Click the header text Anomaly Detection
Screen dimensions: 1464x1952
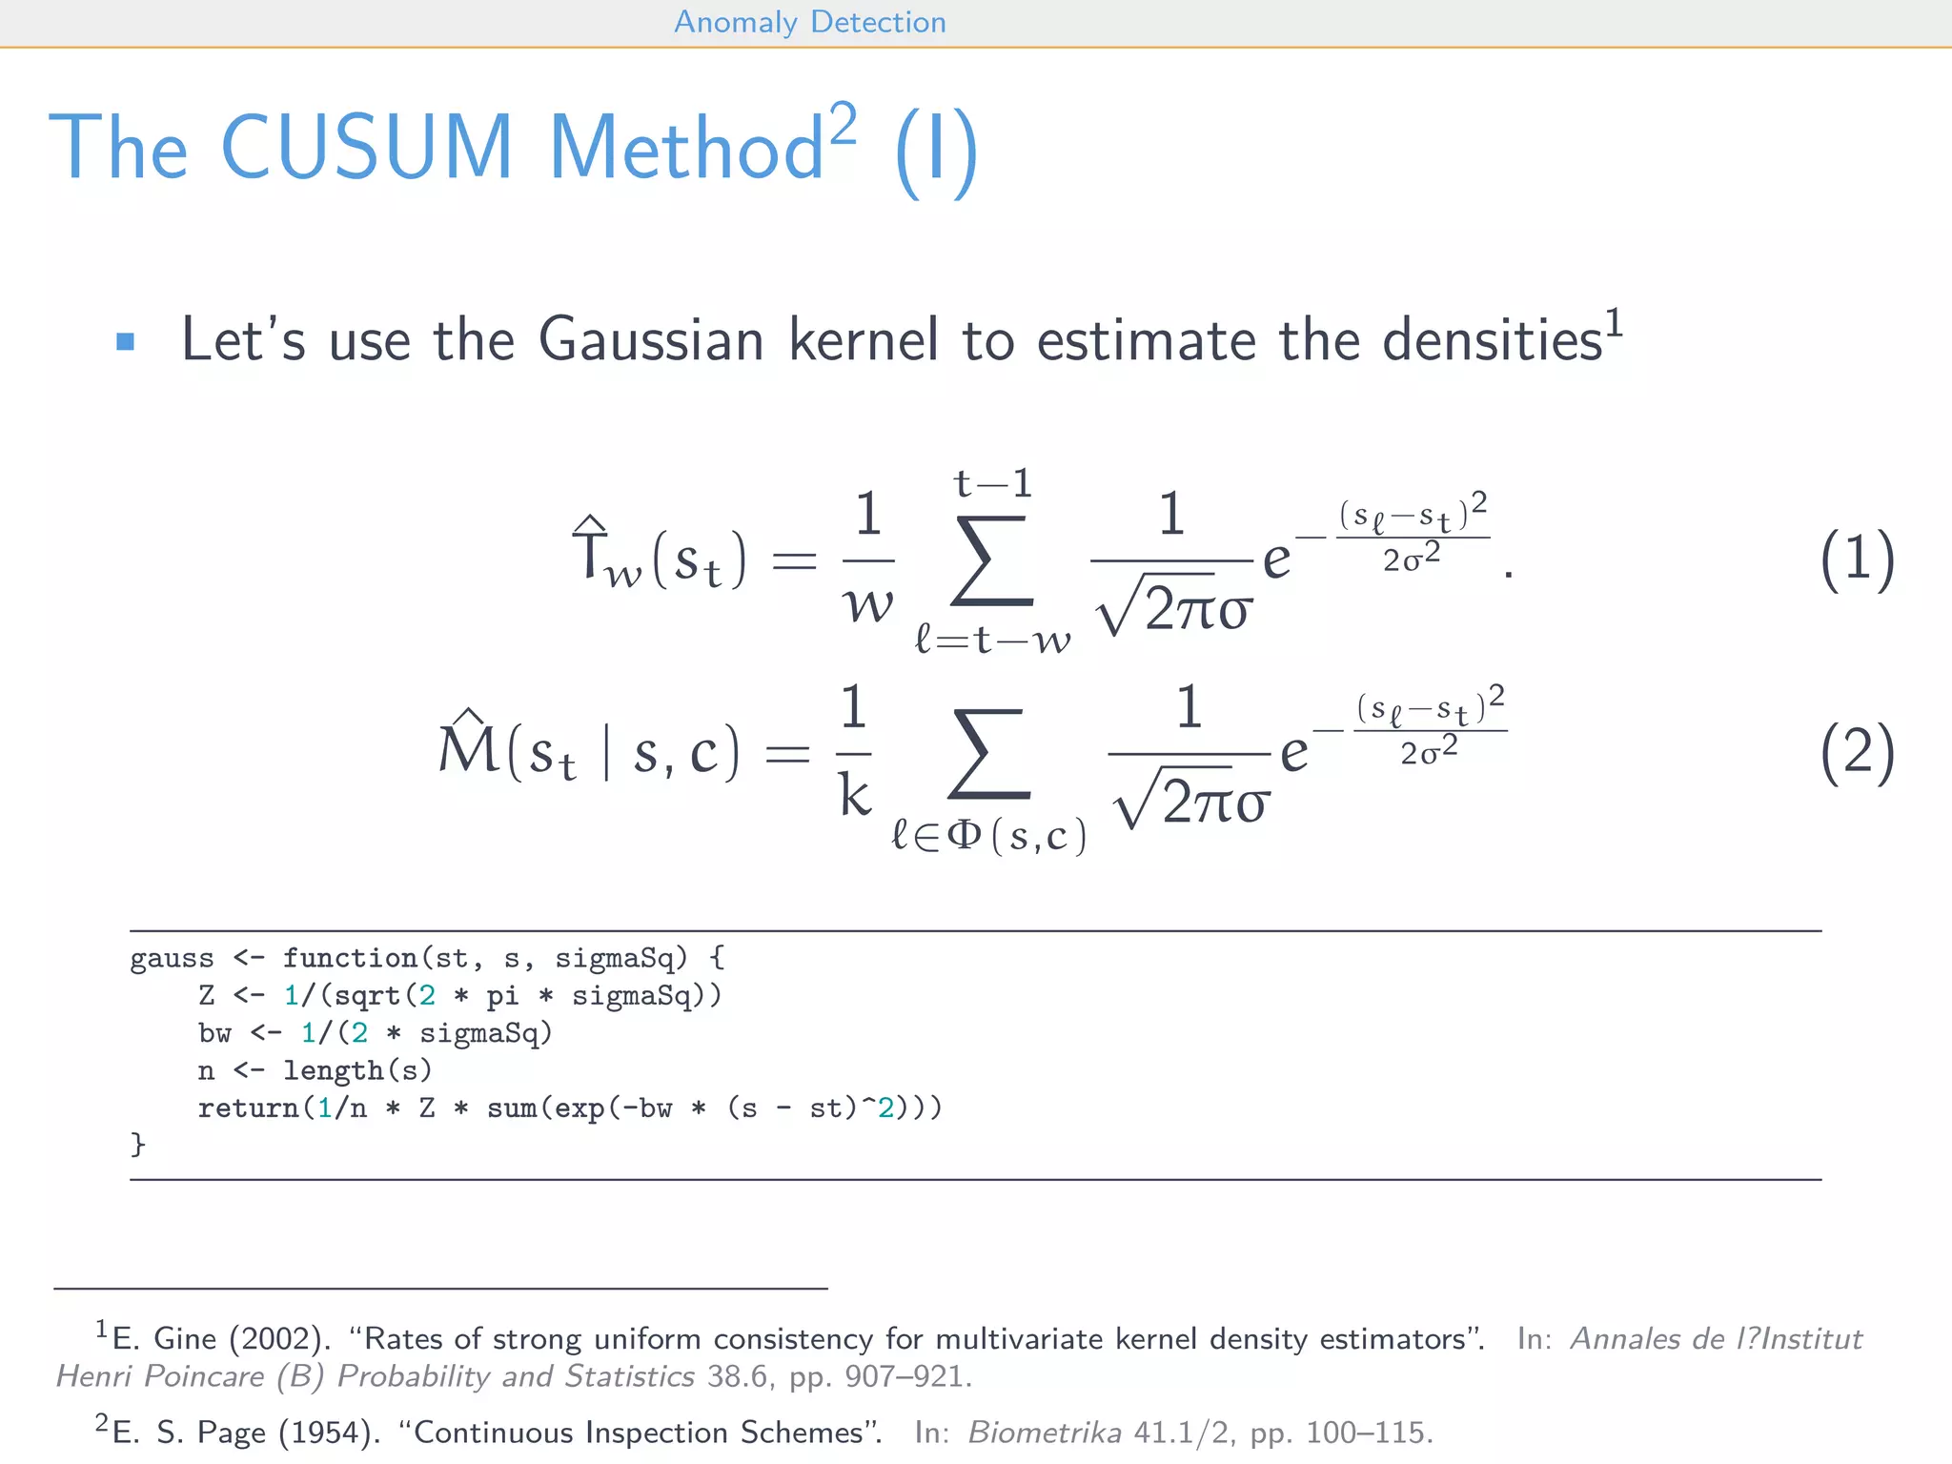[810, 22]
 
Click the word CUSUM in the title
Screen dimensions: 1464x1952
[367, 148]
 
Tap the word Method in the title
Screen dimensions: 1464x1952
[686, 148]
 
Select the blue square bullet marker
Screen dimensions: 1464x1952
[125, 341]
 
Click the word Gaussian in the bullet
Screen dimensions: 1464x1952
[651, 340]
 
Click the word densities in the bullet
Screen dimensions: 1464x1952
[1493, 340]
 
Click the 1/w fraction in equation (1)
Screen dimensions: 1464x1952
[867, 559]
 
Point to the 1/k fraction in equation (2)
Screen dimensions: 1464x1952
[854, 752]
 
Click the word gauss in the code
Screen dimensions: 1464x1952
[173, 958]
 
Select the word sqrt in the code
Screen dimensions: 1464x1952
[368, 996]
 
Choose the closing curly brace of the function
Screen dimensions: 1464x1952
[138, 1144]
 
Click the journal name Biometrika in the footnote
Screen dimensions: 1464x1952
[1045, 1433]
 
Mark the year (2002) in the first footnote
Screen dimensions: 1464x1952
[279, 1339]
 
